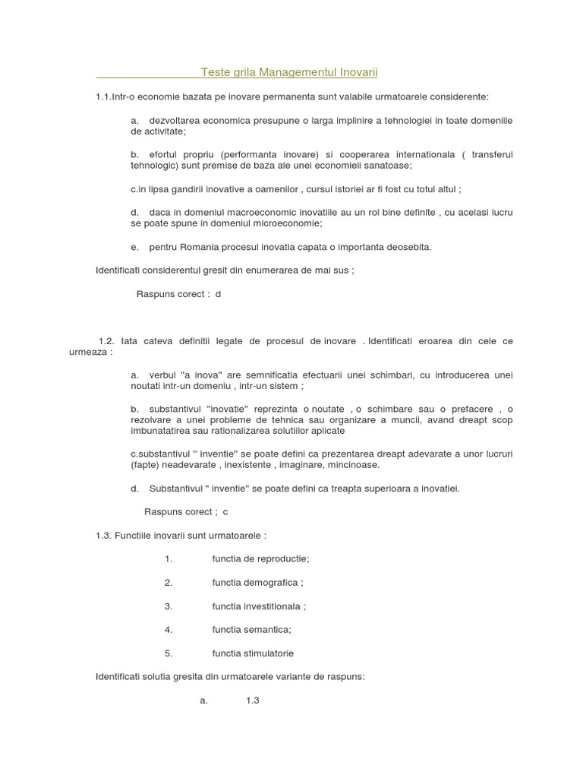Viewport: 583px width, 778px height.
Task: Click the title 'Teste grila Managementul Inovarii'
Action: (x=289, y=72)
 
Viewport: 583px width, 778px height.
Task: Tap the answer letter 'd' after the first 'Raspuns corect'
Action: (x=218, y=293)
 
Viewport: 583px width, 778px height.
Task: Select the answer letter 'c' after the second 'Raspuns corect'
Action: (x=225, y=511)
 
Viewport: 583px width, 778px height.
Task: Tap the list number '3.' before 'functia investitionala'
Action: (x=169, y=606)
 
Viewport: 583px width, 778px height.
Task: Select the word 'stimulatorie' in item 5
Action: (x=267, y=653)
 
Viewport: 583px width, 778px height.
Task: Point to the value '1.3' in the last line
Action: (x=253, y=701)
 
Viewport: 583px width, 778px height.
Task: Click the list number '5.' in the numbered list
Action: (x=169, y=653)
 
